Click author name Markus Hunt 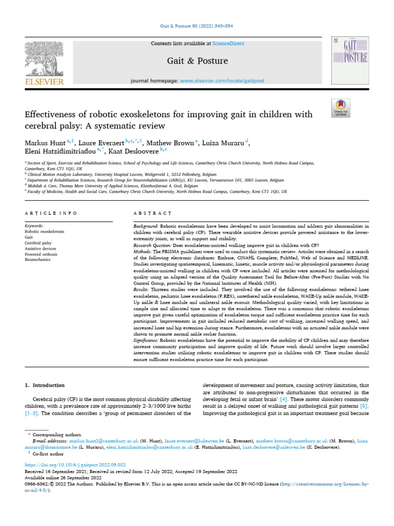click(44, 143)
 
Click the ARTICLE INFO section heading click(51, 213)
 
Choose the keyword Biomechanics click(38, 260)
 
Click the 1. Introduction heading click(45, 385)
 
